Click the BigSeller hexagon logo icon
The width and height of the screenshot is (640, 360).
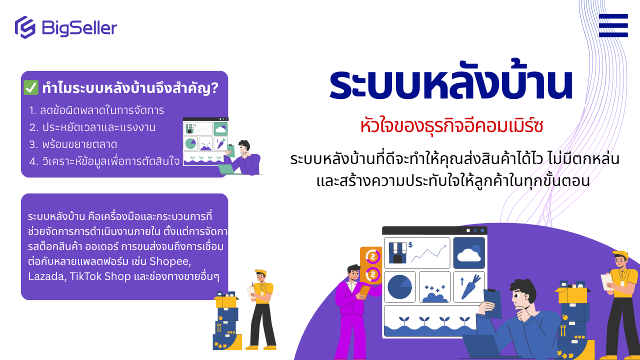coord(25,27)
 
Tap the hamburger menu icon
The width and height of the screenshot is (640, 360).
coord(613,25)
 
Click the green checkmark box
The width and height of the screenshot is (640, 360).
coord(31,87)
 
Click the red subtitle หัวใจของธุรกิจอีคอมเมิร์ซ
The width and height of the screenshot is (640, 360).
coord(451,126)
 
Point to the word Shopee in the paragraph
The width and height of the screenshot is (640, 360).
coord(170,261)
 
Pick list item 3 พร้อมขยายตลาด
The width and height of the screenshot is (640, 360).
coord(73,144)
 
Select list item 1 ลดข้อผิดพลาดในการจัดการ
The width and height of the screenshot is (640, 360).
coord(96,110)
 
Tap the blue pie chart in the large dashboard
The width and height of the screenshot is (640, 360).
coord(399,287)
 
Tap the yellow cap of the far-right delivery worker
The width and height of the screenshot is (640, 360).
coord(620,255)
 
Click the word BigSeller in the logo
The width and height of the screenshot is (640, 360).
coord(79,28)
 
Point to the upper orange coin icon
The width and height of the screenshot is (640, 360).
coord(372,256)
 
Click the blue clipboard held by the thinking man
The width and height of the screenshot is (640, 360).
coord(492,303)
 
